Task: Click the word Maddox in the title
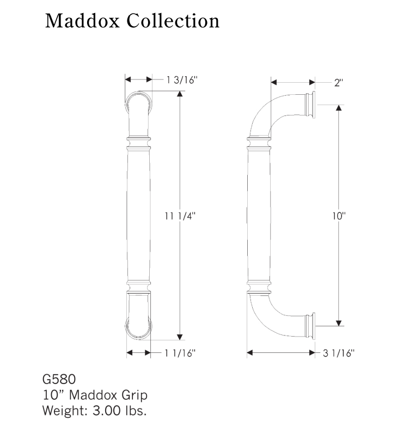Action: (x=82, y=21)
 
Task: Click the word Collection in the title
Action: (x=173, y=21)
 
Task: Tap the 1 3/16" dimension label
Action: (x=182, y=80)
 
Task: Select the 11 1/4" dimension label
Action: (x=180, y=216)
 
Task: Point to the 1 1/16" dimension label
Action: (x=180, y=353)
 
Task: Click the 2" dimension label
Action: (x=339, y=83)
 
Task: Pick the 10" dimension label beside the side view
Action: (x=339, y=216)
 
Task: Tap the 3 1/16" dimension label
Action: (x=339, y=353)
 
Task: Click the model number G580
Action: (x=59, y=380)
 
